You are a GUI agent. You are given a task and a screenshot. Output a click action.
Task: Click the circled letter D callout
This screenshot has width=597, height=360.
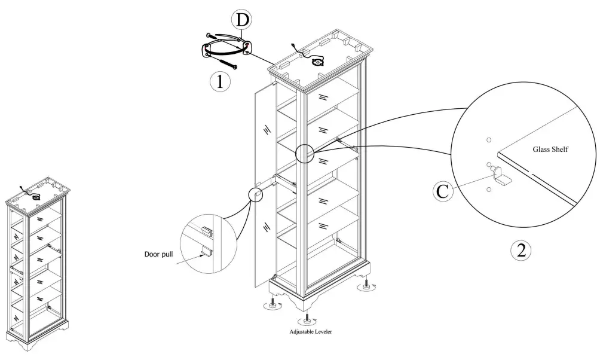coord(242,20)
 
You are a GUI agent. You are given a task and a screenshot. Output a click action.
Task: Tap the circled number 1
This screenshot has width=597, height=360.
coord(220,81)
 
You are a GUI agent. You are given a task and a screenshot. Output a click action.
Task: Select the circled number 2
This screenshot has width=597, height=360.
coord(521,251)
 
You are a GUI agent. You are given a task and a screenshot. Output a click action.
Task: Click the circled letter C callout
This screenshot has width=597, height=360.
coord(443,191)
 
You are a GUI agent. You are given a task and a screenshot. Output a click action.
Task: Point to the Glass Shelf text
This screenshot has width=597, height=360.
coord(550,150)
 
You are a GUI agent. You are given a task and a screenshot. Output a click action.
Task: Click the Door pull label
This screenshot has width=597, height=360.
coord(158,254)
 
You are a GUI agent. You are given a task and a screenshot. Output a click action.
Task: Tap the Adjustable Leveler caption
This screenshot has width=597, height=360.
coord(311,332)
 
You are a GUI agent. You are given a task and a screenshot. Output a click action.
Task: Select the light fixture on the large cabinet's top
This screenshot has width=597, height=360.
coord(317,62)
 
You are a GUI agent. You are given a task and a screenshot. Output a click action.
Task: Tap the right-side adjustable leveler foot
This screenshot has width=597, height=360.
coord(366,286)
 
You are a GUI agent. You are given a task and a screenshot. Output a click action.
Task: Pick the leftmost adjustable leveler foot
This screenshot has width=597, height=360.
coord(273,304)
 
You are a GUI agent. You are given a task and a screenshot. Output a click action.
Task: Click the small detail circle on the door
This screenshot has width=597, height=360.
coord(256,194)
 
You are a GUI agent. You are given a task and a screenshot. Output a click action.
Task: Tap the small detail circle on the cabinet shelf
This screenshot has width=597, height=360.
coord(304,154)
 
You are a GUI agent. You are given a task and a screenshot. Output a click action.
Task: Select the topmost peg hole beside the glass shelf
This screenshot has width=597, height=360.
coord(489,140)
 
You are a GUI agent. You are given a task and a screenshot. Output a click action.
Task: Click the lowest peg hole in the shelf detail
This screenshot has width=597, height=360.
coord(489,190)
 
